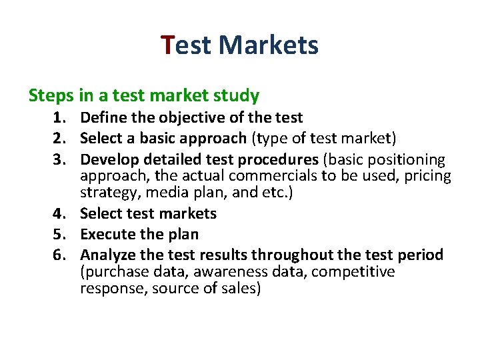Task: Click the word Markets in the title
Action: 268,45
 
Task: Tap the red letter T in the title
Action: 168,45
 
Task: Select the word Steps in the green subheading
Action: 51,96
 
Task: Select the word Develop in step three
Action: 107,160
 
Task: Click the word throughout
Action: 295,255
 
